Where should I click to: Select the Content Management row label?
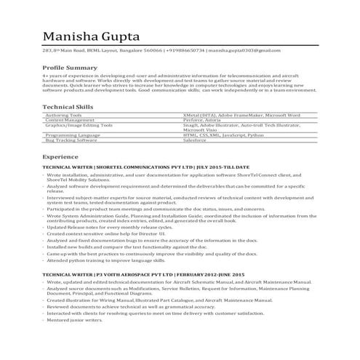70,119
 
